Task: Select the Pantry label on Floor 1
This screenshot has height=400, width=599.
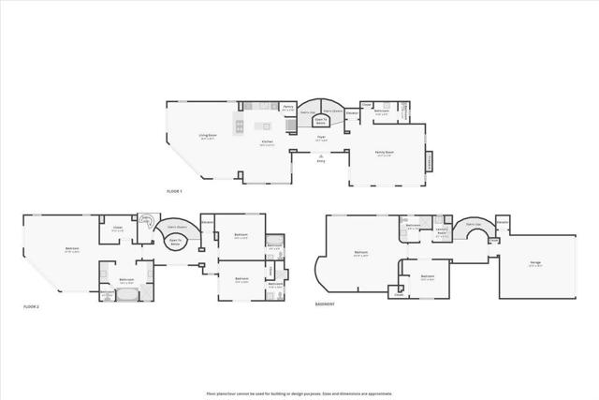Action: [289, 109]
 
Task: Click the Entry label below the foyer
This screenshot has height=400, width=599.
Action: [320, 161]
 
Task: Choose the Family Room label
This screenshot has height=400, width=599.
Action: [385, 152]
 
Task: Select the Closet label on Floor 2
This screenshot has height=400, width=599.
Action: [118, 228]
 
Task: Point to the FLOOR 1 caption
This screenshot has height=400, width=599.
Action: [174, 191]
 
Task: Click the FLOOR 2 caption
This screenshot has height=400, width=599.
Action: [34, 306]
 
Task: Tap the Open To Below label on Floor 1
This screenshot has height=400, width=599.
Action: [320, 120]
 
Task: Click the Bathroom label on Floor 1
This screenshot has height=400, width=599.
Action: [382, 111]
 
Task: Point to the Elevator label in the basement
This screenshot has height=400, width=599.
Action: [503, 221]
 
